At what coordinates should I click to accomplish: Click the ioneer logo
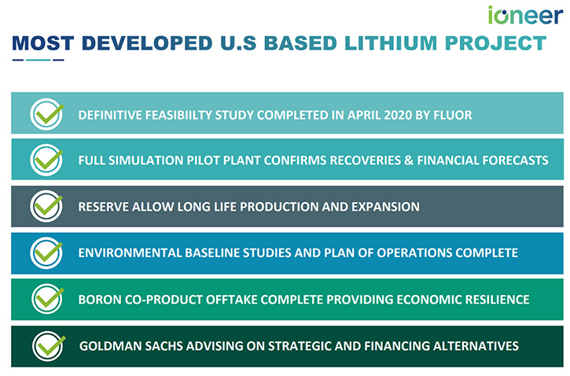coord(525,15)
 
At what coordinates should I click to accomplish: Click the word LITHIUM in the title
coord(391,43)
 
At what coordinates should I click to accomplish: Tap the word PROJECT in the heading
coord(496,43)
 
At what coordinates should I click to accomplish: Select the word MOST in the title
coord(43,43)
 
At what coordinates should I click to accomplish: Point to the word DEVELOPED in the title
coord(147,43)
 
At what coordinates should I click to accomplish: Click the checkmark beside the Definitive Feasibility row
coord(47,114)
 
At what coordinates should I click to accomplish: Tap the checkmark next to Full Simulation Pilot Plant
coord(46,160)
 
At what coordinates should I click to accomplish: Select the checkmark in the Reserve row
coord(46,206)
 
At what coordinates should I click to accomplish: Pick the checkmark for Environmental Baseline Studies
coord(46,253)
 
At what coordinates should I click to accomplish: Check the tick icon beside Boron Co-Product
coord(48,299)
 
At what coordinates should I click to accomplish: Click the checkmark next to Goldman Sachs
coord(49,346)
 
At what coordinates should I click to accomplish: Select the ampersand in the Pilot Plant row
coord(409,160)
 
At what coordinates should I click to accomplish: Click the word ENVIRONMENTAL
coord(130,253)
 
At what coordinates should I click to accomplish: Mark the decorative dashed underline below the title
coord(39,60)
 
